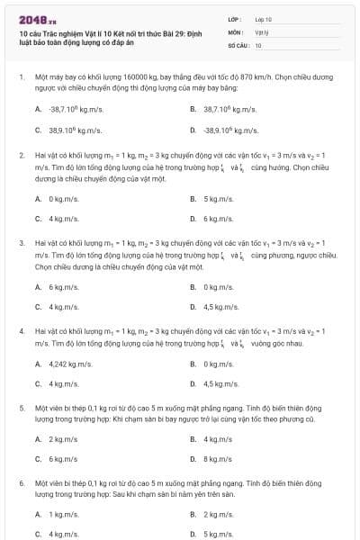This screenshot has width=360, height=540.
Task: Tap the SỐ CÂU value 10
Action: pos(258,44)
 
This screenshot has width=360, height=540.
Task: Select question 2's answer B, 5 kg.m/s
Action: pos(217,198)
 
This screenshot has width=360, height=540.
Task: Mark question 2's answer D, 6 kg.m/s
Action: pos(217,219)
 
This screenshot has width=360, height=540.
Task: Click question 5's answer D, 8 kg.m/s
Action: pos(217,459)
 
